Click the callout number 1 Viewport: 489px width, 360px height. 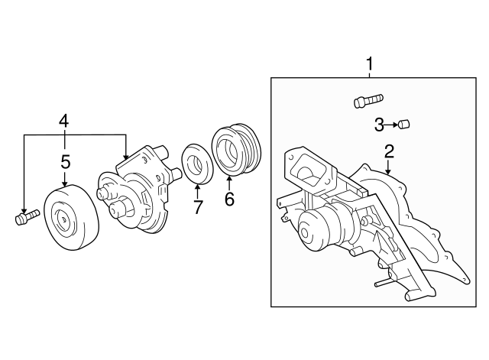click(370, 63)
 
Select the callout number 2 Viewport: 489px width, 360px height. click(389, 151)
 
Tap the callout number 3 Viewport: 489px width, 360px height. click(379, 125)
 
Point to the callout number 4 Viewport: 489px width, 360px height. click(64, 121)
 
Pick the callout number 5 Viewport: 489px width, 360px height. click(66, 161)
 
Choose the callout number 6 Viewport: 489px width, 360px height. click(229, 199)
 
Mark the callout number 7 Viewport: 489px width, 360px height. click(198, 207)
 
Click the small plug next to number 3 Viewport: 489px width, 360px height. click(404, 124)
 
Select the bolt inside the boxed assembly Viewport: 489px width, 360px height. click(368, 101)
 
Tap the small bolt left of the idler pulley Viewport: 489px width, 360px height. click(27, 216)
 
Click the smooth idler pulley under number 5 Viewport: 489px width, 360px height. click(72, 217)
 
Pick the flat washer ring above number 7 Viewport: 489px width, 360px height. click(197, 164)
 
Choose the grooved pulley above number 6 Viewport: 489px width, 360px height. click(236, 151)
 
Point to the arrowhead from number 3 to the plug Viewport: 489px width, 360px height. click(397, 125)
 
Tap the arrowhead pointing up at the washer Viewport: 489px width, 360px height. click(197, 186)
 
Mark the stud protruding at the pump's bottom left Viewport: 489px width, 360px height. click(382, 284)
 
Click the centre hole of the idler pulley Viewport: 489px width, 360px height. click(63, 219)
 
